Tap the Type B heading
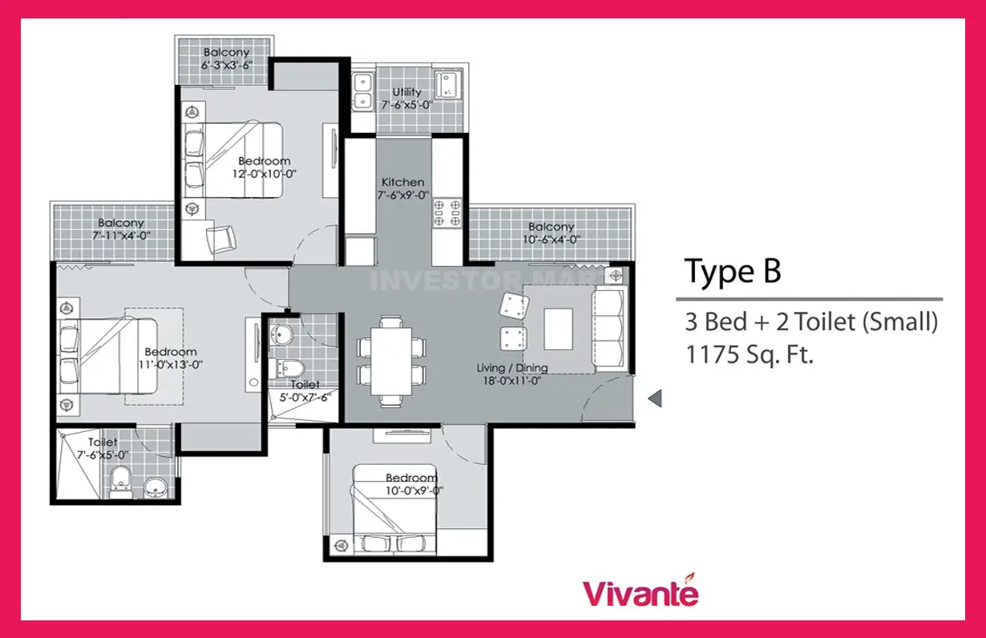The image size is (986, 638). pyautogui.click(x=733, y=272)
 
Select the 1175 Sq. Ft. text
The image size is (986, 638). pyautogui.click(x=750, y=354)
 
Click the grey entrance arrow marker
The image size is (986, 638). pyautogui.click(x=655, y=398)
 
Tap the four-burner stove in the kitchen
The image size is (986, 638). pyautogui.click(x=447, y=212)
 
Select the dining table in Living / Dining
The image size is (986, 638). pyautogui.click(x=391, y=361)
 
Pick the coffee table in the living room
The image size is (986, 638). pyautogui.click(x=558, y=329)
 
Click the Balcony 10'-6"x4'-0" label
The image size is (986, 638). pyautogui.click(x=552, y=233)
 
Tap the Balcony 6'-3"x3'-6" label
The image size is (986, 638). pyautogui.click(x=227, y=59)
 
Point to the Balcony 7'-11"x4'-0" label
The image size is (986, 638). pyautogui.click(x=121, y=229)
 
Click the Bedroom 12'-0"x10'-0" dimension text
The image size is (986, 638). pyautogui.click(x=264, y=174)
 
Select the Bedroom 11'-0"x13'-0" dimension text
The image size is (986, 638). pyautogui.click(x=171, y=365)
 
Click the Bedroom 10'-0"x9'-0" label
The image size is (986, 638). pyautogui.click(x=413, y=484)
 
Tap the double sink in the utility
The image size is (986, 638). pyautogui.click(x=362, y=92)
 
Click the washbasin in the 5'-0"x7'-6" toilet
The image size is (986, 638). pyautogui.click(x=281, y=334)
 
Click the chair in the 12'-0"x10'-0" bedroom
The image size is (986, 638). pyautogui.click(x=221, y=240)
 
